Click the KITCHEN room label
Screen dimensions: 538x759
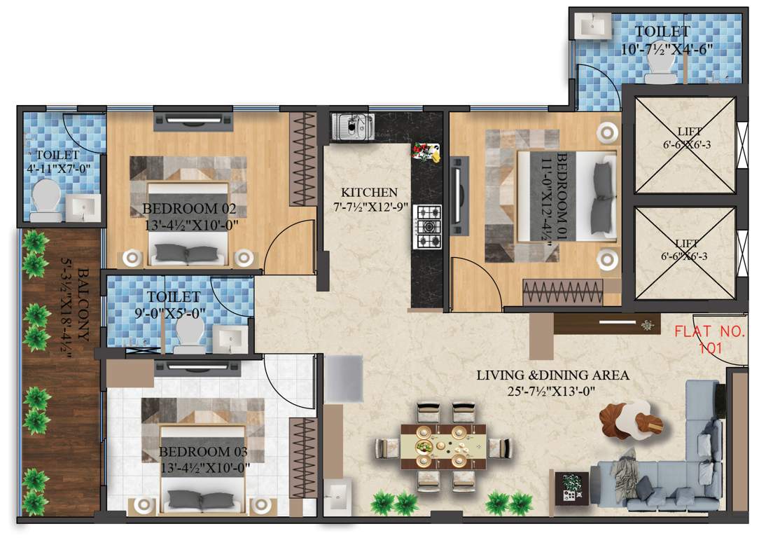click(x=369, y=192)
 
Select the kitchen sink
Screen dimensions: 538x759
click(x=352, y=127)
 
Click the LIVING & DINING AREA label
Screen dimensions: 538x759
click(x=553, y=375)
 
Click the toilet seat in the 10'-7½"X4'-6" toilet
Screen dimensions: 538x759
click(x=658, y=68)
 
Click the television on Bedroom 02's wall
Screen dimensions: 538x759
click(x=193, y=118)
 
